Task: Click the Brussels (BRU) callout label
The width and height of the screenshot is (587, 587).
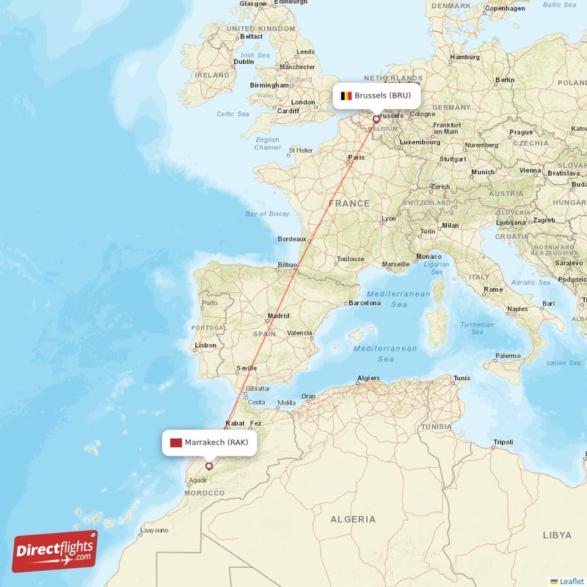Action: [378, 95]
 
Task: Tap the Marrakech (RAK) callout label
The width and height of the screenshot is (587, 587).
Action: [209, 442]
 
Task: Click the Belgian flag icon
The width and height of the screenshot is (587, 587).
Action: [346, 95]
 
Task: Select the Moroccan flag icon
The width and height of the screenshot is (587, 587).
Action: [175, 442]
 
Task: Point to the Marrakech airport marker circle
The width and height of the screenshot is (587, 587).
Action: [209, 465]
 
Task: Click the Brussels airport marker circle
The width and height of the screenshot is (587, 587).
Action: [376, 119]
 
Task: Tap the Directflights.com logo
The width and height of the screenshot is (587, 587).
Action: [55, 551]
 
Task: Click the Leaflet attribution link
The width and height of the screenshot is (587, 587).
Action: [572, 580]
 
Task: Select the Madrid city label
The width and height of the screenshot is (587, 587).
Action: [279, 316]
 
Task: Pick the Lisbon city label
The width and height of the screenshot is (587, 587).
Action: [205, 345]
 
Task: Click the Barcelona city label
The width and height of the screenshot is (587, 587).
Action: [365, 302]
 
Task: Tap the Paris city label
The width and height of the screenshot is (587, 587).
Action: [357, 157]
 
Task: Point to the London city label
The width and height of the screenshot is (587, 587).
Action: [302, 103]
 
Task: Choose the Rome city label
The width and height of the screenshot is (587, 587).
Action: [493, 290]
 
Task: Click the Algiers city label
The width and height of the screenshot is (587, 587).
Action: [368, 379]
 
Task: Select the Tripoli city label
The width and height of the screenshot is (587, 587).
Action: [503, 442]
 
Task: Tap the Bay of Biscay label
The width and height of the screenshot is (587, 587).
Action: [267, 214]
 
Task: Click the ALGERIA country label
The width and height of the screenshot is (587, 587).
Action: [353, 519]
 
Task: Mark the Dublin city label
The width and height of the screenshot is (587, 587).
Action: [244, 62]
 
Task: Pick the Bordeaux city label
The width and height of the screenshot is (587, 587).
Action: [291, 239]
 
